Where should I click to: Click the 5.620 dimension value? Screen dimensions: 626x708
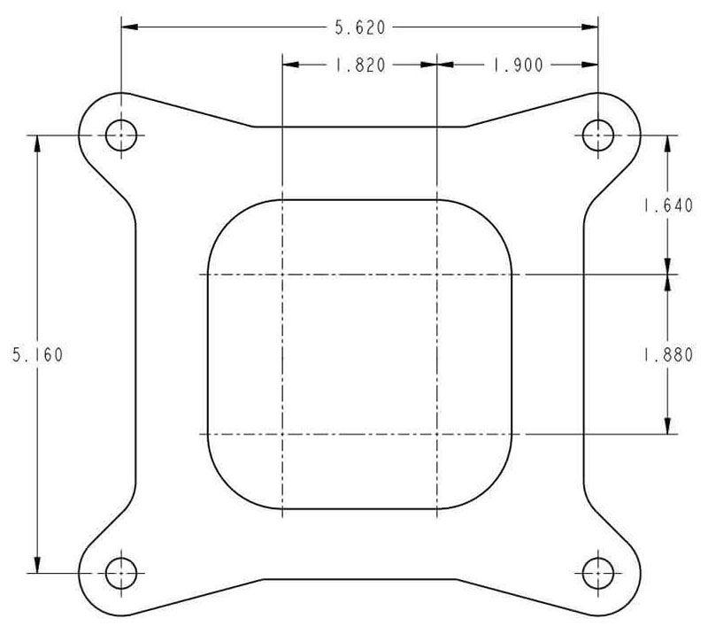click(359, 27)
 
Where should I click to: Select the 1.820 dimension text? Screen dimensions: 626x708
click(359, 65)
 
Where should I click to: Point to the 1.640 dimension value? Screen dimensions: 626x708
click(666, 206)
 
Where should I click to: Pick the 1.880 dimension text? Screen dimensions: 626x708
click(666, 354)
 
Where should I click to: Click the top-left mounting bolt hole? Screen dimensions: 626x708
click(121, 135)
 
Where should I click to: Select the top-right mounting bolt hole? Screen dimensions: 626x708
click(598, 135)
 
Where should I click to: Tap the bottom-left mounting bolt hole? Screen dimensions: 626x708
click(121, 573)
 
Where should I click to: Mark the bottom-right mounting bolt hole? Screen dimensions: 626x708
click(598, 573)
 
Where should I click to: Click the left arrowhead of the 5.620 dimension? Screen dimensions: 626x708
click(129, 27)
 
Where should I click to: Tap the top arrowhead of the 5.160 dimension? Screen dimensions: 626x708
click(37, 143)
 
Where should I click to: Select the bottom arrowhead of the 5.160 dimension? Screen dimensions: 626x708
click(37, 565)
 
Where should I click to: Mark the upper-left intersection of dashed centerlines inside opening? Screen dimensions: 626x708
click(281, 274)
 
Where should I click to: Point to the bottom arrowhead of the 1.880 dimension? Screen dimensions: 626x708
click(666, 426)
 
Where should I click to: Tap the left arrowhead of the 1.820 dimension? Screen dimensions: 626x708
click(289, 65)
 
